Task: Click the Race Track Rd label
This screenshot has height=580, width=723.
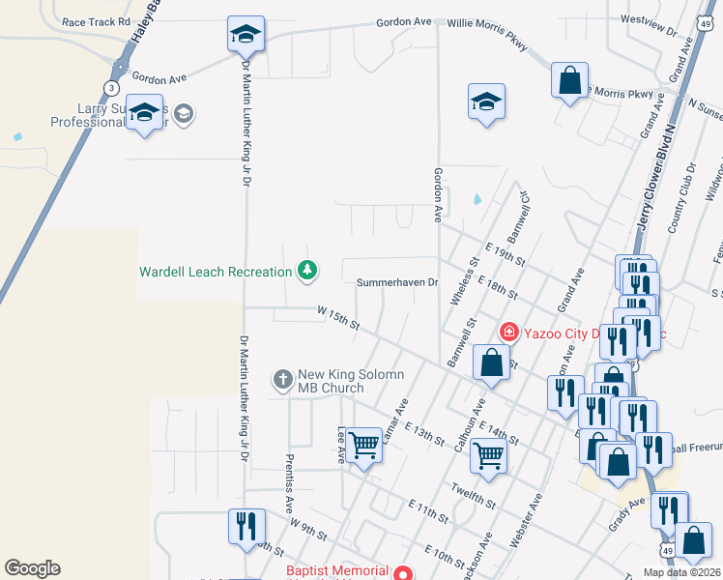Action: (96, 21)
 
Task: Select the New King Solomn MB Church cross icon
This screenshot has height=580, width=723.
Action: (282, 378)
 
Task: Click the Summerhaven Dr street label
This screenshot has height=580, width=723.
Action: (397, 283)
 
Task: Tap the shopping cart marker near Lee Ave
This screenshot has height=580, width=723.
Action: (364, 446)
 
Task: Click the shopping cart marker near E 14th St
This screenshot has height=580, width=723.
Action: (488, 453)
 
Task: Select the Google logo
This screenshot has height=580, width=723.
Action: (32, 568)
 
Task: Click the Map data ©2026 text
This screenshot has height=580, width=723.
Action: (680, 572)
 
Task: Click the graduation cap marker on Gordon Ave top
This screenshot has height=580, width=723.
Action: (246, 35)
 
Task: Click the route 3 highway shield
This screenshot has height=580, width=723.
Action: (112, 88)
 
